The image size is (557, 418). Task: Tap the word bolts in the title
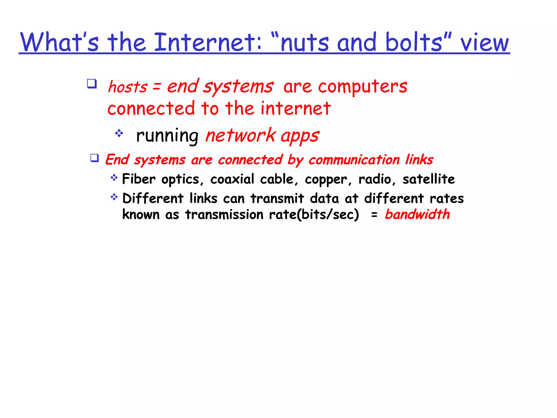(x=414, y=42)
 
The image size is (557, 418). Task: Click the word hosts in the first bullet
(x=128, y=87)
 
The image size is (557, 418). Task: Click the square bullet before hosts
(x=92, y=84)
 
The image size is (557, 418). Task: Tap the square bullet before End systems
(x=94, y=158)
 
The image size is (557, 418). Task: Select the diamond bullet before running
(x=119, y=133)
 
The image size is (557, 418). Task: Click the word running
(x=167, y=136)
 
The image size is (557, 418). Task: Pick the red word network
(x=240, y=135)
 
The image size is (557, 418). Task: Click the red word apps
(x=300, y=136)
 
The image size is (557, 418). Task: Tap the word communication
(x=354, y=159)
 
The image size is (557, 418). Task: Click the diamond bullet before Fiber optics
(x=114, y=178)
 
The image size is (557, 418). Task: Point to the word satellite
(x=429, y=179)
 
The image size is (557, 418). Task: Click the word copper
(x=326, y=180)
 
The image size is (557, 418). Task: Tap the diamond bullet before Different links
(x=114, y=197)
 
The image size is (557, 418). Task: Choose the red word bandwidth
(x=417, y=214)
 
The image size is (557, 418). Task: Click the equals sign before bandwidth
(x=374, y=215)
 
